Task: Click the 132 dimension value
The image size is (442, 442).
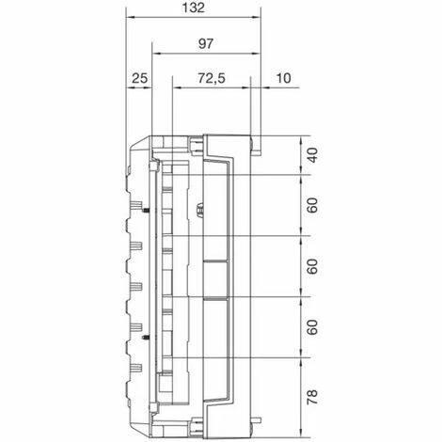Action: point(194,8)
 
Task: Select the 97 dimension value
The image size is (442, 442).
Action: point(206,44)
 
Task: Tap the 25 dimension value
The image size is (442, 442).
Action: point(139,78)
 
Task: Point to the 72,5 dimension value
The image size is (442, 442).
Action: point(212,78)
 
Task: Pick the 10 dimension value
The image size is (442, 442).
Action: point(283,78)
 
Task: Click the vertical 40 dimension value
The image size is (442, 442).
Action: point(312,155)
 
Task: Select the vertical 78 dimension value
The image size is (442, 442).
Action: point(312,397)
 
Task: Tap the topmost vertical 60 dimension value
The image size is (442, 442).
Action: point(312,205)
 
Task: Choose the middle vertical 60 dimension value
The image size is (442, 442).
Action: point(312,266)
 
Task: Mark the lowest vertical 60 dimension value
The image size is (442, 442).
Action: point(312,327)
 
